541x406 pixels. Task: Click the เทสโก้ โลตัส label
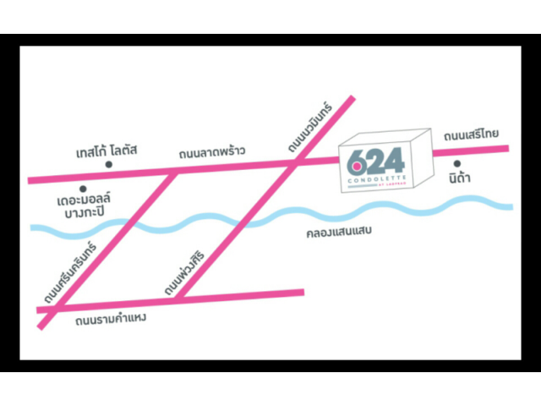[106, 151]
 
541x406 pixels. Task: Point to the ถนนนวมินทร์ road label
[310, 128]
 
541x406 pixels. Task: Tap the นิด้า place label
[458, 179]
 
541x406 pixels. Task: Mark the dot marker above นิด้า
[456, 163]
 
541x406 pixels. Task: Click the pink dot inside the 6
[356, 164]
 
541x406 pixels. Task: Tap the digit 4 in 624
[394, 160]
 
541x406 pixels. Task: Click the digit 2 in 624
[375, 161]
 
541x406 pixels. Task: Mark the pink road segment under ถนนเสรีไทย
[470, 151]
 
